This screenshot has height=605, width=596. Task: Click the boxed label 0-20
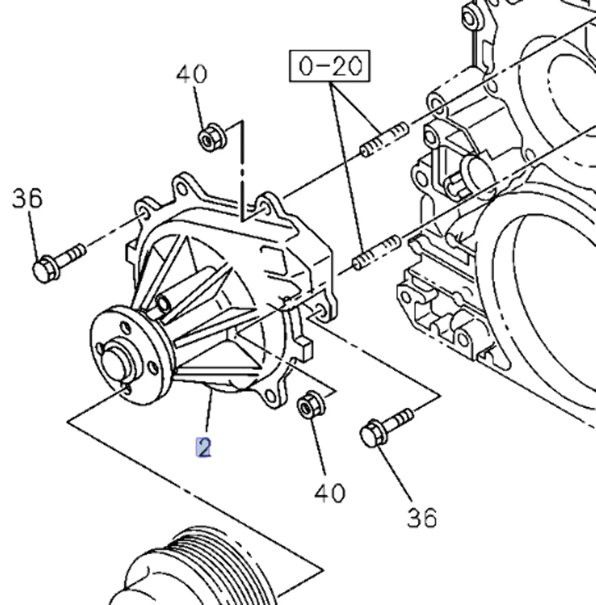pyautogui.click(x=330, y=66)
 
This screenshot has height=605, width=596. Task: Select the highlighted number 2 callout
pyautogui.click(x=203, y=447)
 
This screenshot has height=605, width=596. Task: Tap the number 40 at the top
pyautogui.click(x=191, y=74)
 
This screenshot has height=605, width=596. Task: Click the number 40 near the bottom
pyautogui.click(x=329, y=492)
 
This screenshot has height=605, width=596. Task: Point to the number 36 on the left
pyautogui.click(x=27, y=199)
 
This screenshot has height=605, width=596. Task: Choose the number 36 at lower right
pyautogui.click(x=421, y=518)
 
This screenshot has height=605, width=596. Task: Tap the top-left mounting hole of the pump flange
pyautogui.click(x=146, y=208)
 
